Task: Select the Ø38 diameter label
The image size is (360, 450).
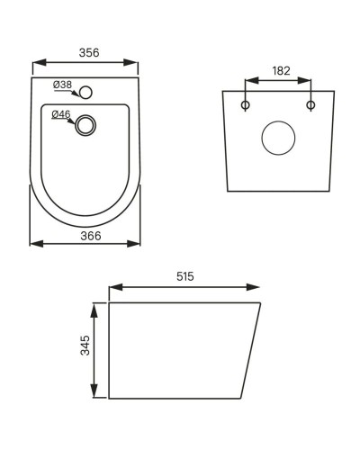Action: coord(62,85)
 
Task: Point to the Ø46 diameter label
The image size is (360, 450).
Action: coord(61,114)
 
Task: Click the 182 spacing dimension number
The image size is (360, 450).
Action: coord(279,69)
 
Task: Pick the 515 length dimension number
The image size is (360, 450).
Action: coord(185,276)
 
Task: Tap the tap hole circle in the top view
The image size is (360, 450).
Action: coord(86,92)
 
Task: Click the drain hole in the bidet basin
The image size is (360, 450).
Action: coord(86,125)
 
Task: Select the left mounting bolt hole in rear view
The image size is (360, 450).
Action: coord(246,105)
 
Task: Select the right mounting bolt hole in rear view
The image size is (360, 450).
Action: coord(311,105)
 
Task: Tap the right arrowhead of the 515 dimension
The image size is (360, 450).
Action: coord(257,289)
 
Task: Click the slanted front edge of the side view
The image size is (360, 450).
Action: coord(252,351)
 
